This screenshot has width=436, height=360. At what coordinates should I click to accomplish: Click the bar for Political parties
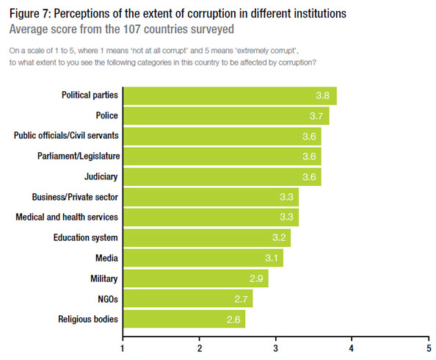(229, 96)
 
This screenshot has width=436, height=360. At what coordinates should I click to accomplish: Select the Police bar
(225, 116)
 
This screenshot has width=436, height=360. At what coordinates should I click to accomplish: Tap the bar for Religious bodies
(184, 319)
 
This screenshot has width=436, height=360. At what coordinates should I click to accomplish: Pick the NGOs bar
(187, 299)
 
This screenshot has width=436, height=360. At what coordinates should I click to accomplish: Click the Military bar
(195, 278)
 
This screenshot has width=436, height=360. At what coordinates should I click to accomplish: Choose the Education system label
(86, 238)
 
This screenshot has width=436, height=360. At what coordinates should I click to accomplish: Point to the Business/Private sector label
(76, 198)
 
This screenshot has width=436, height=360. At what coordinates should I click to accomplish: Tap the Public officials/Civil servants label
(67, 137)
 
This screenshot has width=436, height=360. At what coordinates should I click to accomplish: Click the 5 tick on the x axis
(428, 347)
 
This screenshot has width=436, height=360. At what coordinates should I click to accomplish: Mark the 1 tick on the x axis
(123, 347)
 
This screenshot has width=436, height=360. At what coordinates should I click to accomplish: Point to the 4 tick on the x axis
(352, 347)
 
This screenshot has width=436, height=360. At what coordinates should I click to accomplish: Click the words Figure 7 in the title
(30, 14)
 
